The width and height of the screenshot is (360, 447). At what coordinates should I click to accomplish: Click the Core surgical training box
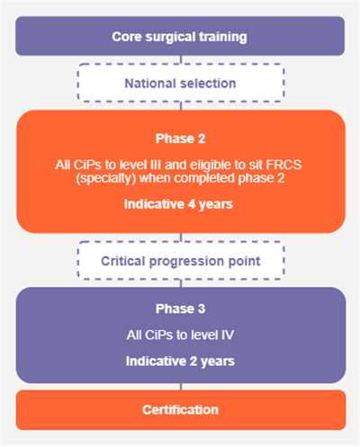(x=180, y=36)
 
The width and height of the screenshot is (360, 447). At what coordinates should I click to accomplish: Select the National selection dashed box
(x=181, y=83)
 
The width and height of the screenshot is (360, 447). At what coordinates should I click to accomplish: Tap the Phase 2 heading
(x=181, y=139)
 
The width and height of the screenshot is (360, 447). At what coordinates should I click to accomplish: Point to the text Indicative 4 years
(x=178, y=204)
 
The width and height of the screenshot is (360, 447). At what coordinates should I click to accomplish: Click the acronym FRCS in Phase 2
(x=283, y=165)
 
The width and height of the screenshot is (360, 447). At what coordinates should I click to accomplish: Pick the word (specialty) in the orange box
(x=106, y=178)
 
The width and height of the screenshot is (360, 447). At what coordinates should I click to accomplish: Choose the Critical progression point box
(x=181, y=261)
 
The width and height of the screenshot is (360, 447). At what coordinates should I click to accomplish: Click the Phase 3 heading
(x=181, y=308)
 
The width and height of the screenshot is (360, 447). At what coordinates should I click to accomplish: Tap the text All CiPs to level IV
(x=180, y=335)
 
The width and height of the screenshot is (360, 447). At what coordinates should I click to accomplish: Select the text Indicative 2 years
(x=180, y=362)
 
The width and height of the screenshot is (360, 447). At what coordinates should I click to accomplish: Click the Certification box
(x=181, y=410)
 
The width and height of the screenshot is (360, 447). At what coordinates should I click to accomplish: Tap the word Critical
(x=123, y=261)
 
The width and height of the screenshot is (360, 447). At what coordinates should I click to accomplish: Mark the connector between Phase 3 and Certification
(x=181, y=387)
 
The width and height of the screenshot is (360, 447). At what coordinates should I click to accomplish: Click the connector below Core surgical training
(x=181, y=59)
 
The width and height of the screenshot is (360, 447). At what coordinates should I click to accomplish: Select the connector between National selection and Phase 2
(x=181, y=106)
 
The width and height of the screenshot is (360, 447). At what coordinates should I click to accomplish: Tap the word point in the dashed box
(x=245, y=262)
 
